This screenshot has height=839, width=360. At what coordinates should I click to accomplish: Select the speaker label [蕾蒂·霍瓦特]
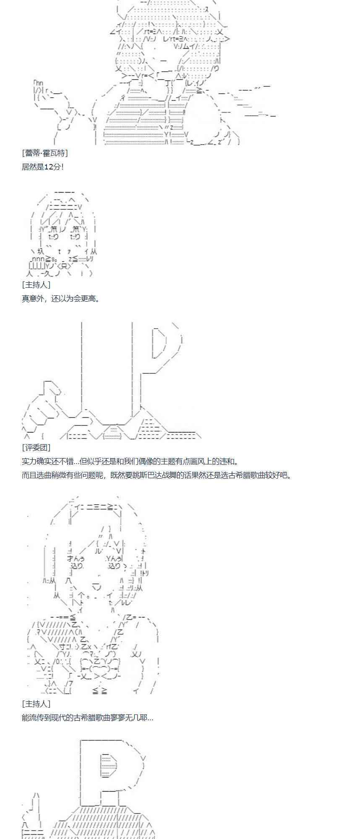(x=44, y=153)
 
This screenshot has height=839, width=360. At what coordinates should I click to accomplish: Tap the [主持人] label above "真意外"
(x=36, y=285)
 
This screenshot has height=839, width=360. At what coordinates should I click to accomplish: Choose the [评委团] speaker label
(x=36, y=448)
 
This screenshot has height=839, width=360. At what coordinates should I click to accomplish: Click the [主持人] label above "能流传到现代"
(x=36, y=704)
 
